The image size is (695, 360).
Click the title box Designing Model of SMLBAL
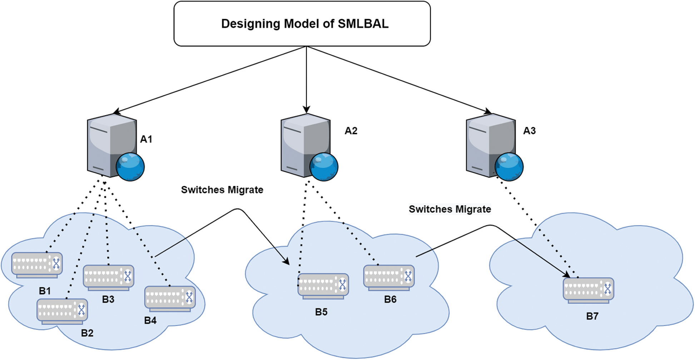pyautogui.click(x=302, y=24)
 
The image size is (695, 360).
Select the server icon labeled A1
pyautogui.click(x=116, y=147)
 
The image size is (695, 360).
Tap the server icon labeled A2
pyautogui.click(x=309, y=147)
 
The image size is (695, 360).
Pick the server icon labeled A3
pyautogui.click(x=495, y=147)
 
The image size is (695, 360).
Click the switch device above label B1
pyautogui.click(x=37, y=265)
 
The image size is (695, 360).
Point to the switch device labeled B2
pyautogui.click(x=62, y=311)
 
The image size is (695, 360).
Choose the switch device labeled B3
pyautogui.click(x=109, y=278)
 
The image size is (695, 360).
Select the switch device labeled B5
pyautogui.click(x=323, y=286)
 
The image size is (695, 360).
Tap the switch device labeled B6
pyautogui.click(x=389, y=278)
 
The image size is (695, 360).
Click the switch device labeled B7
pyautogui.click(x=589, y=291)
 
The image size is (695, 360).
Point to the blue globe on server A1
pyautogui.click(x=130, y=167)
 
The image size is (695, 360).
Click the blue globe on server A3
pyautogui.click(x=509, y=167)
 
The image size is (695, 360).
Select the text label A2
pyautogui.click(x=351, y=131)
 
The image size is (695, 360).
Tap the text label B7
pyautogui.click(x=592, y=316)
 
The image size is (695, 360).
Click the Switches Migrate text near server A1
pyautogui.click(x=222, y=190)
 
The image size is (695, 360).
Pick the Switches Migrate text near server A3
pyautogui.click(x=450, y=209)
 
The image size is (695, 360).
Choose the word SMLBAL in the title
pyautogui.click(x=363, y=24)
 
